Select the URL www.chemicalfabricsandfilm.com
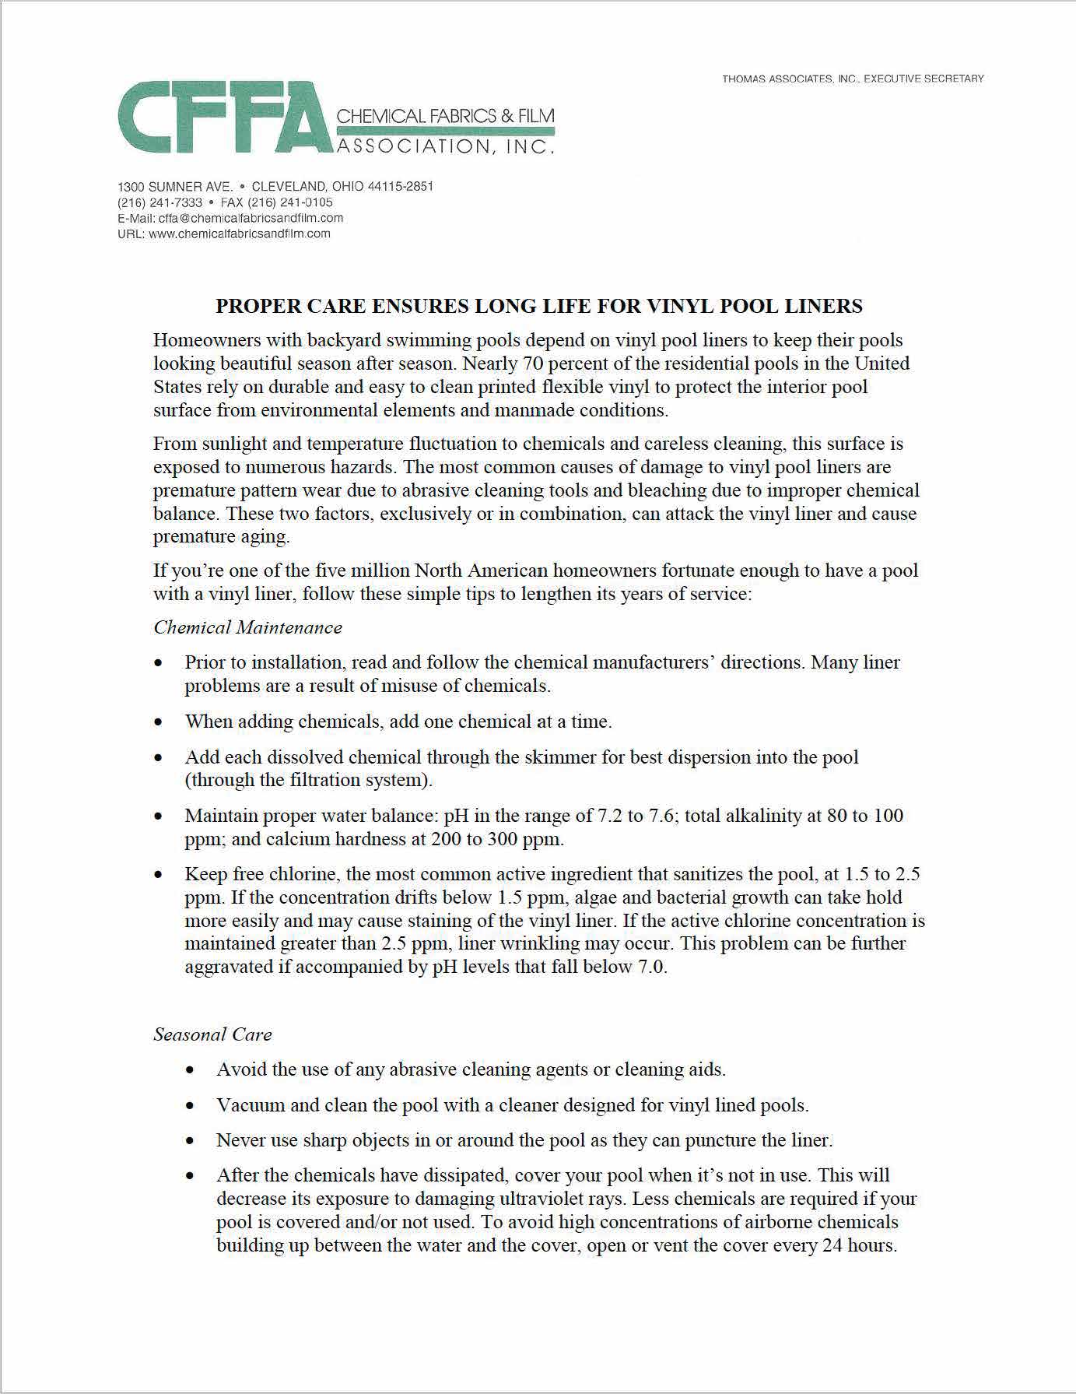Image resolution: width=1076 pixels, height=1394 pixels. click(x=239, y=234)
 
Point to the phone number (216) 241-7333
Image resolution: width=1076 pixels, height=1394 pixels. click(x=159, y=202)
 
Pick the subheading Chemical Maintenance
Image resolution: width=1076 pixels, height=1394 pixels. click(x=247, y=627)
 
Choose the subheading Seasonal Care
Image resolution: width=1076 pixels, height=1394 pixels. click(x=212, y=1034)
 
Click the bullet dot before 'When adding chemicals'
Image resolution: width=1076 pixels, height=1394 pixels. click(x=159, y=722)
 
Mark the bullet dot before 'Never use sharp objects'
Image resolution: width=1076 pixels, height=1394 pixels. click(x=191, y=1141)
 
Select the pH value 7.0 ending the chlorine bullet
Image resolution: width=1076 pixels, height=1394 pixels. click(x=652, y=967)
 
